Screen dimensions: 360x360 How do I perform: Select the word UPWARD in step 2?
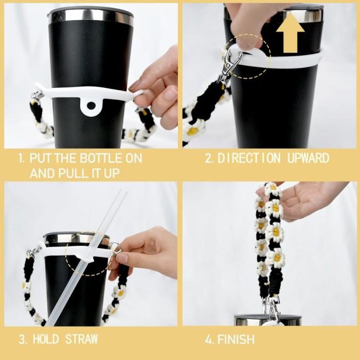point(308,158)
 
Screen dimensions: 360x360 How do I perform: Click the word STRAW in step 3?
point(81,339)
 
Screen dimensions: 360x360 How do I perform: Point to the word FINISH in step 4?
point(236,339)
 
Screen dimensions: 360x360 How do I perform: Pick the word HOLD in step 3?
point(46,339)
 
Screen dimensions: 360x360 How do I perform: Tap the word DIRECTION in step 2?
point(249,158)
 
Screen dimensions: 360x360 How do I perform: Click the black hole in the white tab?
point(91,106)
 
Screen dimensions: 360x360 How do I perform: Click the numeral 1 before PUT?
point(22,158)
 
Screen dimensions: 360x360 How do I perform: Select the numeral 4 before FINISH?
point(209,339)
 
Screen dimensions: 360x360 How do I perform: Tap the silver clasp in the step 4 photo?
point(272,307)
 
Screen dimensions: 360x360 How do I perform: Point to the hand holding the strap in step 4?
point(310,200)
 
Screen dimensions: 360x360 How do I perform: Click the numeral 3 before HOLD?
point(22,339)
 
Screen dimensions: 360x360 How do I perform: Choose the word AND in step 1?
point(42,173)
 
